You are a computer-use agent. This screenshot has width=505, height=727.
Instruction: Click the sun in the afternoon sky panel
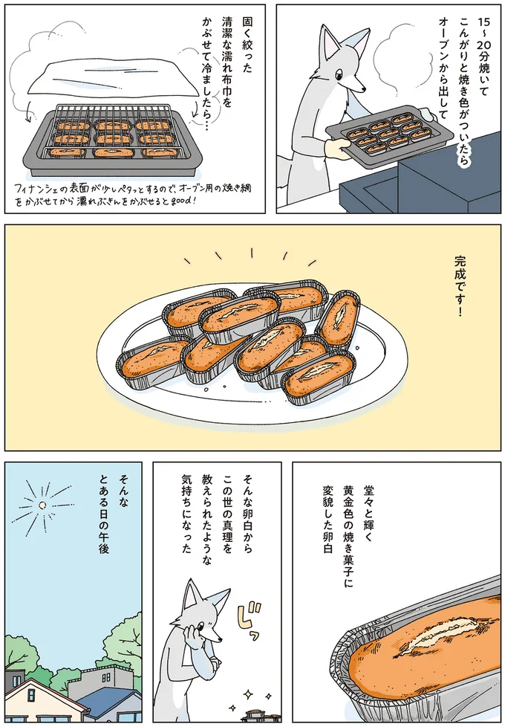[44, 505]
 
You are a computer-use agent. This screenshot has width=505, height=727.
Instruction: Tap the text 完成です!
[458, 285]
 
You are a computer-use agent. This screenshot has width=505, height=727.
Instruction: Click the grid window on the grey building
[105, 679]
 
